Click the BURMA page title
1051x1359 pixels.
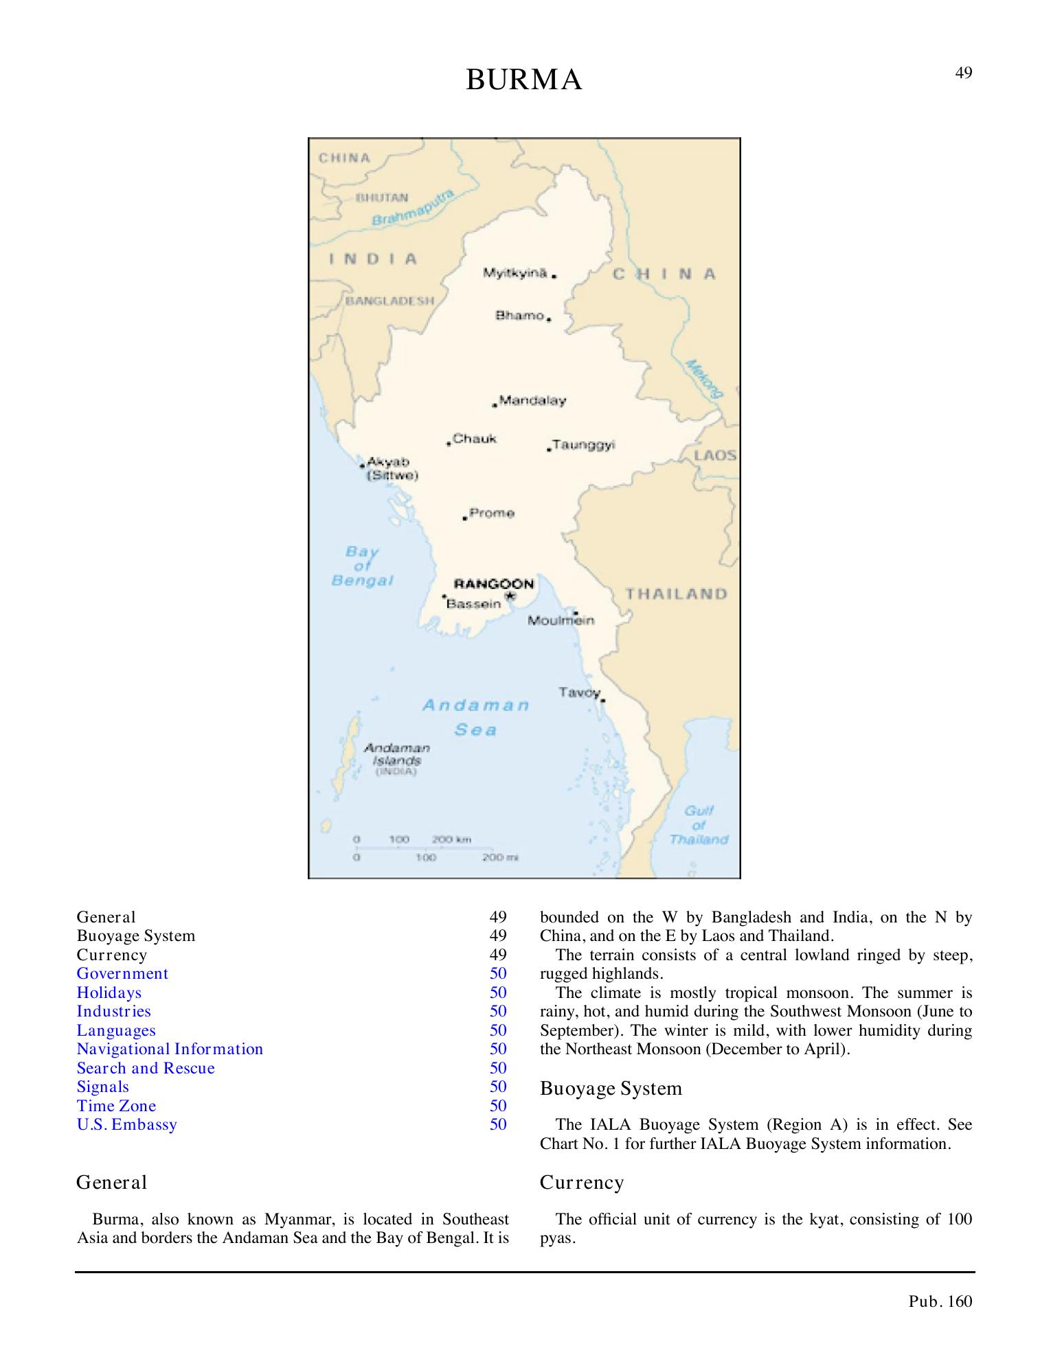pos(524,80)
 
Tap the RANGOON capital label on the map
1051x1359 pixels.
pos(494,584)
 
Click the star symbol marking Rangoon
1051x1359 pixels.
pos(510,596)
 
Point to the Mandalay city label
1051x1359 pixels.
pos(532,400)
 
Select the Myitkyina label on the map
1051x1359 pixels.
pos(515,273)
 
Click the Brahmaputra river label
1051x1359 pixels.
pos(413,207)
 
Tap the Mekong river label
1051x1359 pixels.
pos(705,378)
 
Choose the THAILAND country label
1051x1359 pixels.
pos(676,594)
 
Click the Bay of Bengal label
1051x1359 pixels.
pos(362,566)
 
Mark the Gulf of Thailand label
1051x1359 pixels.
pos(699,825)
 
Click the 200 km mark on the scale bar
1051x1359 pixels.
pos(451,839)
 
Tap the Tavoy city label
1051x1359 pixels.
pos(579,692)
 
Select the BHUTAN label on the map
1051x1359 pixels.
pos(381,198)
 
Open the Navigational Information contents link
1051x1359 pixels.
pos(170,1049)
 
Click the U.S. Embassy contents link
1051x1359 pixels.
pos(127,1124)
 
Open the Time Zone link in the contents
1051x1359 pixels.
pos(116,1106)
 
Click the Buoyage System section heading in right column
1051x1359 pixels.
pos(611,1089)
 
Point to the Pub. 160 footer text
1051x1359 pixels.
pos(940,1301)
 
